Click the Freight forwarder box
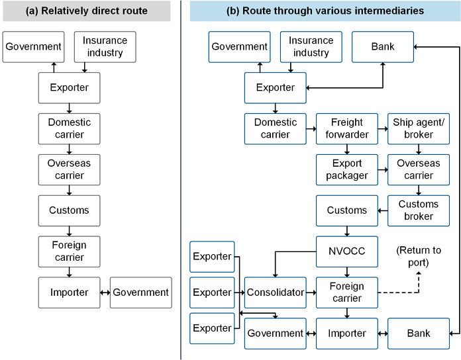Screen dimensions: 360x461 (x=347, y=128)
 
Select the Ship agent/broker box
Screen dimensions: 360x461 (x=419, y=128)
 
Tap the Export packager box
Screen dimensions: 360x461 (x=347, y=169)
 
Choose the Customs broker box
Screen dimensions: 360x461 (x=419, y=210)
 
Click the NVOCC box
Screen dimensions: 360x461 (x=347, y=251)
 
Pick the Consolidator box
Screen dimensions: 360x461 (x=275, y=292)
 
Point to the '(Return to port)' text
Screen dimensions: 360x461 (x=419, y=256)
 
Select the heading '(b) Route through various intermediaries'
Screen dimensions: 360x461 (x=325, y=11)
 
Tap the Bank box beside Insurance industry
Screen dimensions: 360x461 (x=382, y=47)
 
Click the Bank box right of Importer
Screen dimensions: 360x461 (x=419, y=334)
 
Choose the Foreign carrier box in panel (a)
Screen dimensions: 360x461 (x=69, y=251)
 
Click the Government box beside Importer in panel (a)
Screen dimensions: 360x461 (x=140, y=292)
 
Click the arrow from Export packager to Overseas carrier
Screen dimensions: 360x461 (x=383, y=169)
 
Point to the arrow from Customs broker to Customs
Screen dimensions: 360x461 (x=383, y=210)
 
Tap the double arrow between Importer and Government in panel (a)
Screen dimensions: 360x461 (x=105, y=292)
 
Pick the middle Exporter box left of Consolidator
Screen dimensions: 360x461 (x=212, y=292)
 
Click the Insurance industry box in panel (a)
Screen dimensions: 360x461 (x=105, y=47)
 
